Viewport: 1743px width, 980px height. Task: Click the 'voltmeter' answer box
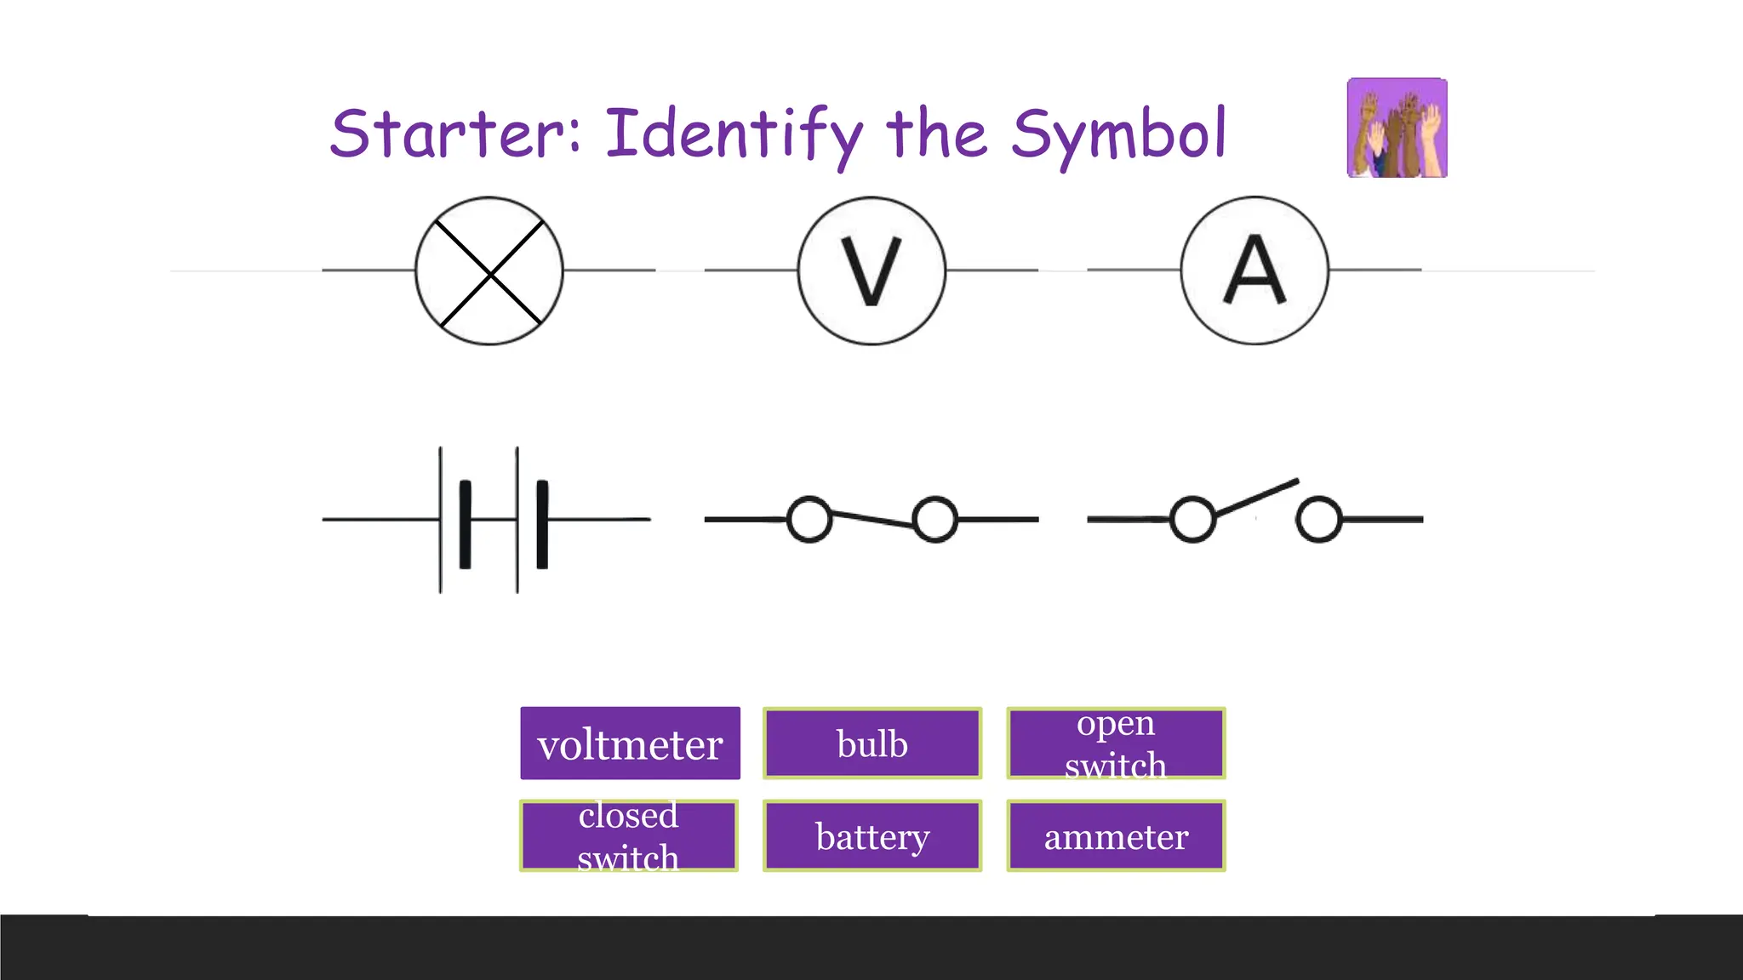click(x=630, y=744)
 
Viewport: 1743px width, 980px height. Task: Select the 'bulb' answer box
click(x=872, y=744)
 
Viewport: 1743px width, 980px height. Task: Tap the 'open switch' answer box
click(x=1116, y=744)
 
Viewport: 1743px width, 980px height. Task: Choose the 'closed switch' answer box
click(x=629, y=835)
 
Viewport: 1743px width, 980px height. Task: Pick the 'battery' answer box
click(x=872, y=835)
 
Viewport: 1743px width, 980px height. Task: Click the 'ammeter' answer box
click(x=1116, y=835)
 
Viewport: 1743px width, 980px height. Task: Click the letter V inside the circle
click(x=871, y=271)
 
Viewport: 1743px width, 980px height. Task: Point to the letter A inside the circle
click(x=1254, y=271)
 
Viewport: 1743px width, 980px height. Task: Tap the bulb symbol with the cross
click(x=489, y=271)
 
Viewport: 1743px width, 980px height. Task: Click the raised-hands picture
click(x=1397, y=128)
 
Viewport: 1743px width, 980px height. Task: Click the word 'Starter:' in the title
click(x=455, y=134)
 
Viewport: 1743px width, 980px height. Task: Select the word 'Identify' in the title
click(x=734, y=134)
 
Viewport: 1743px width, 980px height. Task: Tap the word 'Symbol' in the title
click(x=1118, y=134)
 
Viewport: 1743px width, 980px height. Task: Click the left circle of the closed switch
click(x=809, y=519)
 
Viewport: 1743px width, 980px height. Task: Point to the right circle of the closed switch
click(x=935, y=519)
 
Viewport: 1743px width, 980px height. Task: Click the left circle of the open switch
click(x=1192, y=519)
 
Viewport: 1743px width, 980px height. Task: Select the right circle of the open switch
click(x=1318, y=519)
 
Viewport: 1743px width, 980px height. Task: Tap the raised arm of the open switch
click(x=1257, y=499)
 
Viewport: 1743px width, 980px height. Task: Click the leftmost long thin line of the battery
click(x=440, y=519)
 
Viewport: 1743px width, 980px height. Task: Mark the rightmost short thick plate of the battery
click(x=542, y=524)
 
